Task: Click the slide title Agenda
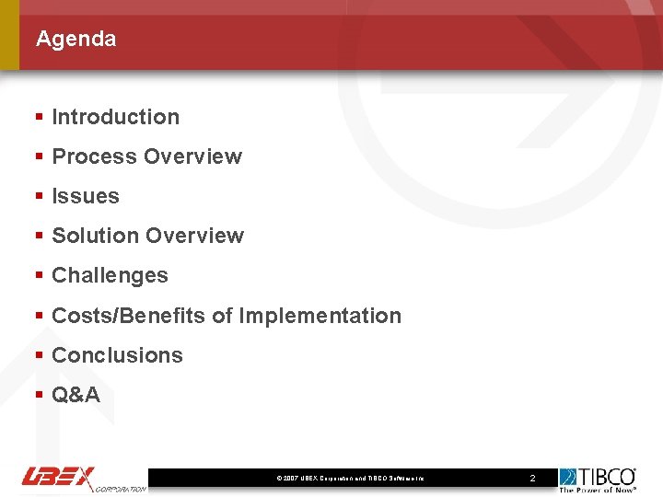[x=76, y=39]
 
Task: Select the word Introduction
[x=115, y=117]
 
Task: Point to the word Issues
[x=86, y=196]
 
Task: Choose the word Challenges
[x=110, y=275]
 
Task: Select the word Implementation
[x=320, y=316]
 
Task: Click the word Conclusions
[x=117, y=355]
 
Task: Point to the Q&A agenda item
[x=76, y=395]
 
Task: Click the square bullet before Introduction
[x=39, y=118]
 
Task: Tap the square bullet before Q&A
[x=39, y=396]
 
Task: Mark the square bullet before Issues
[x=39, y=197]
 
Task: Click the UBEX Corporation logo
[x=83, y=479]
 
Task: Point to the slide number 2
[x=531, y=479]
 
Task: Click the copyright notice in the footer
[x=350, y=479]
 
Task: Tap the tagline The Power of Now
[x=599, y=490]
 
